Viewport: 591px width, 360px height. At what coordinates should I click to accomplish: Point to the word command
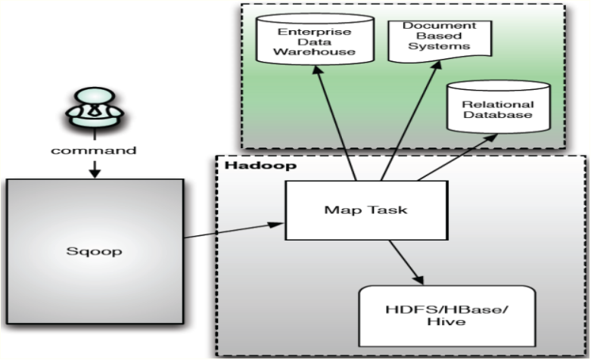click(x=94, y=150)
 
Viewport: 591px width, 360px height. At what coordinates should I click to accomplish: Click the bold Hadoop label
click(x=241, y=164)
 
